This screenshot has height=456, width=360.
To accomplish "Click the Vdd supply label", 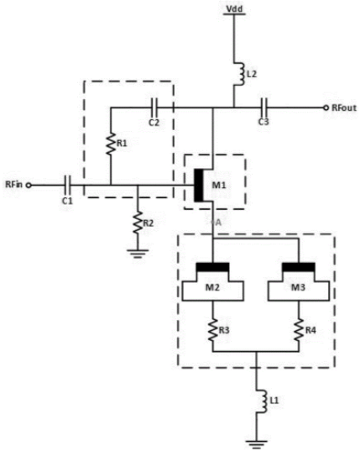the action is coord(234,8).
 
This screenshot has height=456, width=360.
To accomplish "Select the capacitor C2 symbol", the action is coord(154,107).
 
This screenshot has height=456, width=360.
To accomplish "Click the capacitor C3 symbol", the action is coord(264,107).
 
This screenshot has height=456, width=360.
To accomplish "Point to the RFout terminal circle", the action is coord(326,107).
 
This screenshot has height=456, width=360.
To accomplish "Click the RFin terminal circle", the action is coord(29,185).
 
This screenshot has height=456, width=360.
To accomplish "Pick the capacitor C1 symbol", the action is coord(68,185).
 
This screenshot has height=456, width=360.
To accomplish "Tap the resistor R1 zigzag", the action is coord(111,144).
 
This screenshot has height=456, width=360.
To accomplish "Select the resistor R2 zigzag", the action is coord(138,223).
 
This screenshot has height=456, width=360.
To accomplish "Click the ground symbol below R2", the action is coord(138,254).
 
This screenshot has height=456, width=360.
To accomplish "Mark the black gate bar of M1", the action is coord(198,185).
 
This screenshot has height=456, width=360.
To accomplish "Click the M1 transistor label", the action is coord(218,185).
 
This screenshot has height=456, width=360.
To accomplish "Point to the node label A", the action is coord(218,223).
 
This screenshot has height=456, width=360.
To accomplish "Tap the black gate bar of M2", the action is coord(212,267).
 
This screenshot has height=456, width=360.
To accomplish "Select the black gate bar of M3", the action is coord(299,267).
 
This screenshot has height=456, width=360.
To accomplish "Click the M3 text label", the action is coord(298,287).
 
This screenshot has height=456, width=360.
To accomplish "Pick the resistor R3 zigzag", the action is coord(212,330).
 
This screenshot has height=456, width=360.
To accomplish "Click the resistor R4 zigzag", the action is coord(299,330).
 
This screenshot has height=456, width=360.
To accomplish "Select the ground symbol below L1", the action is coord(257,444).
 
